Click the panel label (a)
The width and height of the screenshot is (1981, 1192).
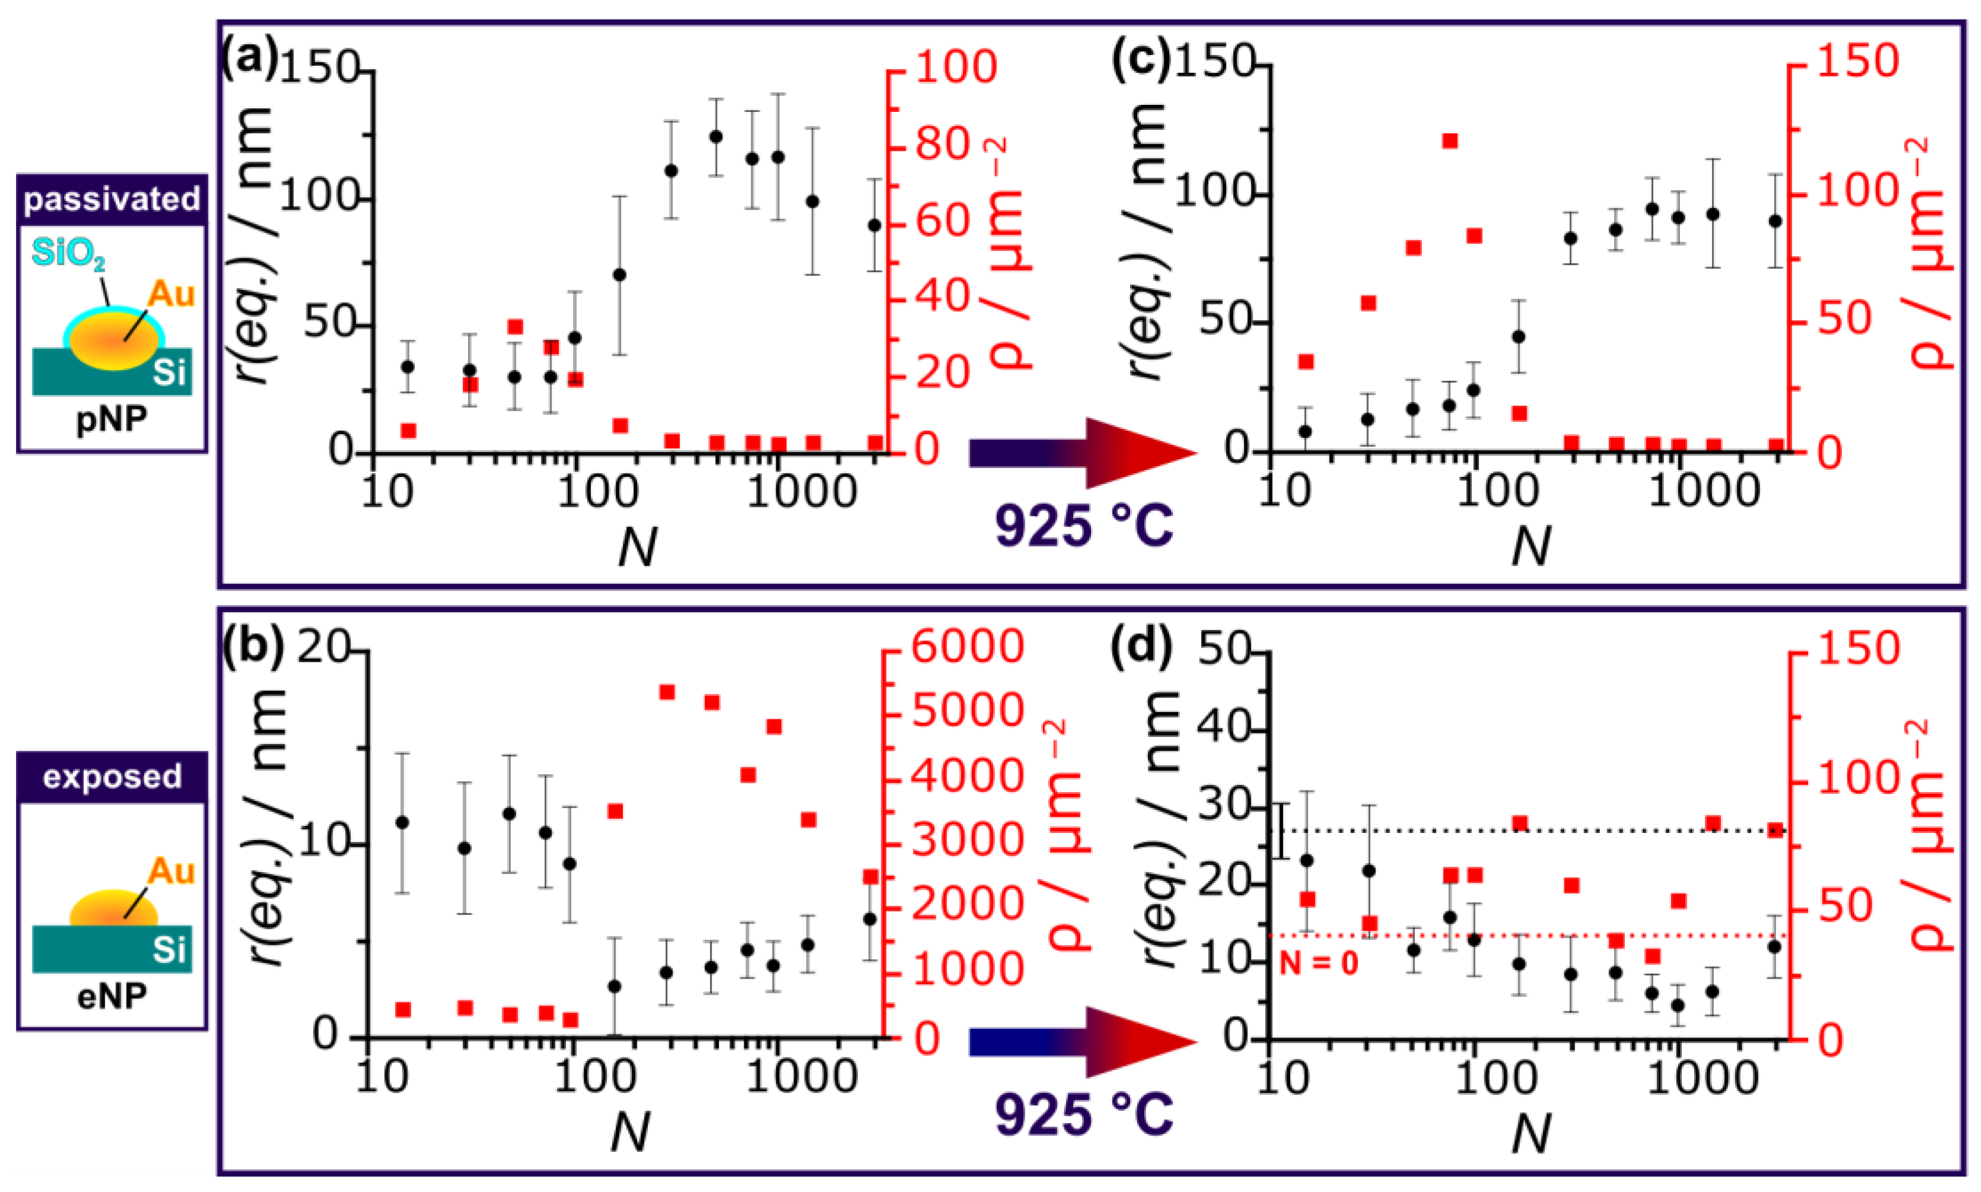pyautogui.click(x=249, y=61)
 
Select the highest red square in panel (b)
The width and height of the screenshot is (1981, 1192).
pyautogui.click(x=666, y=693)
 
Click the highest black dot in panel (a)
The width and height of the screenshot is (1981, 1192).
pyautogui.click(x=716, y=136)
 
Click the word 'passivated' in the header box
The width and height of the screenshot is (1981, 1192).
pyautogui.click(x=111, y=199)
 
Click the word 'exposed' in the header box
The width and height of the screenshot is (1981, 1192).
pyautogui.click(x=111, y=777)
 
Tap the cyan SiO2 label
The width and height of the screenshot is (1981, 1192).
pyautogui.click(x=68, y=254)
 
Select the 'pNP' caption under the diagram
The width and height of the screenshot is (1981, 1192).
pyautogui.click(x=111, y=419)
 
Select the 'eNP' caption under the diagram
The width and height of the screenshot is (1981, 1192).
pyautogui.click(x=111, y=997)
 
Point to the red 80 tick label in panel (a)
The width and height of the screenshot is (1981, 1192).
pyautogui.click(x=944, y=145)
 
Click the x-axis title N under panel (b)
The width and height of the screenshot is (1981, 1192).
pyautogui.click(x=629, y=1133)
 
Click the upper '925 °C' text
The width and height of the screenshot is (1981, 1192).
pyautogui.click(x=1084, y=527)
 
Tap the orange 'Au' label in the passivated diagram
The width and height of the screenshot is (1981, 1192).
pyautogui.click(x=170, y=295)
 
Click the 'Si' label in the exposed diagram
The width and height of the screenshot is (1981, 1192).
pyautogui.click(x=169, y=950)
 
